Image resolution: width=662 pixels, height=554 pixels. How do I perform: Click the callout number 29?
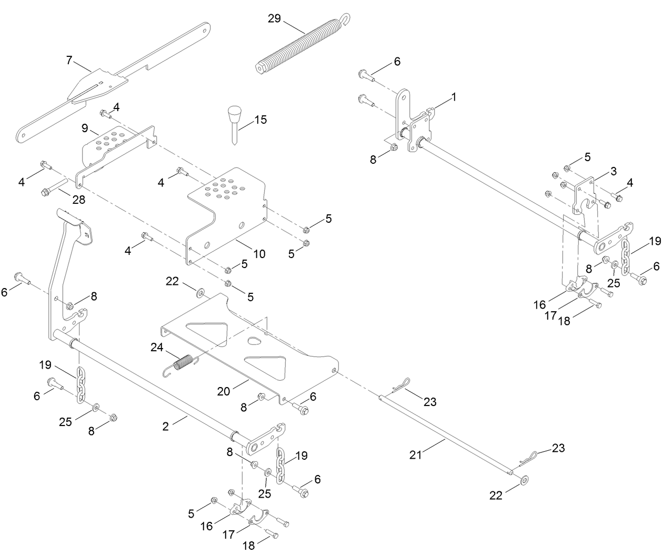click(274, 19)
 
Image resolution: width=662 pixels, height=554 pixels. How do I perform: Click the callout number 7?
click(69, 60)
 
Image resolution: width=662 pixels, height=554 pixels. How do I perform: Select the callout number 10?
click(259, 254)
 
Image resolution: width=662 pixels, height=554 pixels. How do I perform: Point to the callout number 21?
click(416, 454)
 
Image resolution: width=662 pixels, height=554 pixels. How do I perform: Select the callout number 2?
click(166, 427)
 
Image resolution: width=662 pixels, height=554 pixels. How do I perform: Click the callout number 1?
click(454, 97)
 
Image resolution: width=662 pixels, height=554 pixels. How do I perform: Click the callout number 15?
click(260, 120)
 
